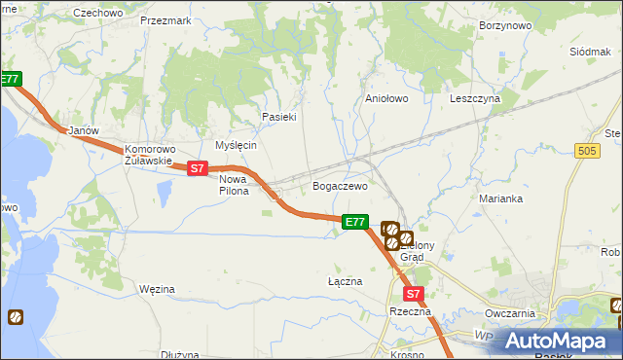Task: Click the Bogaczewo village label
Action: pyautogui.click(x=339, y=185)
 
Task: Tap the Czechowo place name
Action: pyautogui.click(x=98, y=13)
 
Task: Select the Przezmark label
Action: pyautogui.click(x=165, y=19)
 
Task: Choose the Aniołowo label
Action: pyautogui.click(x=385, y=98)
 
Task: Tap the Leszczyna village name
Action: pyautogui.click(x=475, y=98)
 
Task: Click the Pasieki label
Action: pyautogui.click(x=278, y=116)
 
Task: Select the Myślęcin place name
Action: pyautogui.click(x=236, y=144)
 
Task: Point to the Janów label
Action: pyautogui.click(x=78, y=129)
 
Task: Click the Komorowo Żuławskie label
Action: pyautogui.click(x=149, y=156)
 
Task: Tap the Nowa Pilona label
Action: pyautogui.click(x=234, y=185)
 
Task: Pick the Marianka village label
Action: pyautogui.click(x=501, y=198)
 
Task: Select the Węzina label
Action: pyautogui.click(x=157, y=289)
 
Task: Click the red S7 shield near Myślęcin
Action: pyautogui.click(x=197, y=168)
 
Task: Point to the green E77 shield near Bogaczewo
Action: pyautogui.click(x=355, y=223)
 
